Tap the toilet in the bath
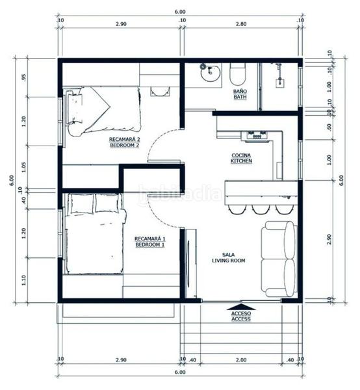(238, 75)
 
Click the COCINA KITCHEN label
(242, 159)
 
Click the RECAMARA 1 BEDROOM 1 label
(149, 242)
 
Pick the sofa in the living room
(278, 259)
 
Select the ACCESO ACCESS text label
(240, 317)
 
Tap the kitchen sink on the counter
(255, 135)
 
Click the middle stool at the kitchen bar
(261, 209)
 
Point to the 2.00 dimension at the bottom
(240, 359)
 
